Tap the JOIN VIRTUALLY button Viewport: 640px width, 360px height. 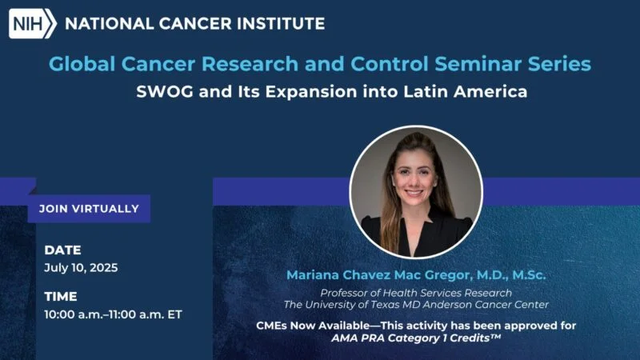coord(89,209)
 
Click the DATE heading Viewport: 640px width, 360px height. coord(62,250)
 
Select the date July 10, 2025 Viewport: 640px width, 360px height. coord(81,268)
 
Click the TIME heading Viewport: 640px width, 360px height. coord(61,297)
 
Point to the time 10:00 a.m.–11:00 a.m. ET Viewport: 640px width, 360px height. coord(113,314)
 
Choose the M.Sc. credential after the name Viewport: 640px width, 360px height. coord(525,275)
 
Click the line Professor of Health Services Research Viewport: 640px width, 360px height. coord(416,293)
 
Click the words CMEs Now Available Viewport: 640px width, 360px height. coord(306,326)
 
